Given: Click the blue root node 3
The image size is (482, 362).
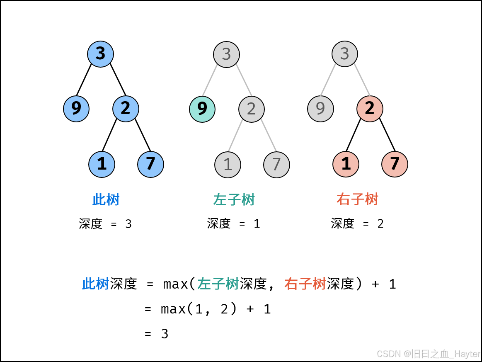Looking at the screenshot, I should (x=100, y=54).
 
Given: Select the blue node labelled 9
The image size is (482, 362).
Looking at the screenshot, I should (x=76, y=109).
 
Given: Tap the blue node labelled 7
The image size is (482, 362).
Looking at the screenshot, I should (x=150, y=164).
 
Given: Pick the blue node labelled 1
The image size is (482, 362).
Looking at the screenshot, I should (x=102, y=164).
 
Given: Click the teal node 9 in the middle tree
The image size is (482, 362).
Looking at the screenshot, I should (x=202, y=109).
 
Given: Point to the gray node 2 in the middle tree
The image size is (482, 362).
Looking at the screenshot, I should (x=251, y=109).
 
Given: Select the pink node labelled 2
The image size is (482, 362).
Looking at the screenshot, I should (x=370, y=109).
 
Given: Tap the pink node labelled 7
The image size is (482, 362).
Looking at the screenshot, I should (x=395, y=164).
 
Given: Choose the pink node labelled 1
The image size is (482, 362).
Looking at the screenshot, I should (x=346, y=164).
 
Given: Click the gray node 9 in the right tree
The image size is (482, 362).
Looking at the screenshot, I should (x=320, y=109).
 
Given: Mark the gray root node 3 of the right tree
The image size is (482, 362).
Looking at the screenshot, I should (x=345, y=54).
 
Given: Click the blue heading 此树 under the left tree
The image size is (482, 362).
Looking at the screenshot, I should (x=106, y=200).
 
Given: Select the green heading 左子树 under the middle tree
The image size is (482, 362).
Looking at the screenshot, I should (x=234, y=200).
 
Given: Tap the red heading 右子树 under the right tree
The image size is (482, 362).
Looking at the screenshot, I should (x=357, y=200).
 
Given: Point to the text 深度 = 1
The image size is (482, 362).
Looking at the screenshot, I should (x=233, y=224).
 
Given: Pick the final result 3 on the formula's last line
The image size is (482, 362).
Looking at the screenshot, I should (x=165, y=334).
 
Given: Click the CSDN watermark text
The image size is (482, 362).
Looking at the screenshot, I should (x=428, y=354).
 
